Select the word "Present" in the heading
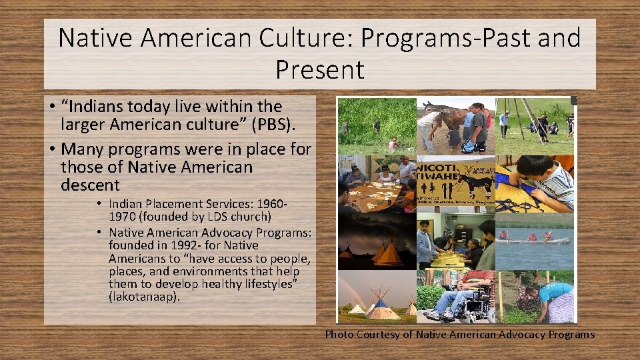coord(319,69)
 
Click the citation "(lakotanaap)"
coord(144,297)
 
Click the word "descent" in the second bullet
coord(90,185)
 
